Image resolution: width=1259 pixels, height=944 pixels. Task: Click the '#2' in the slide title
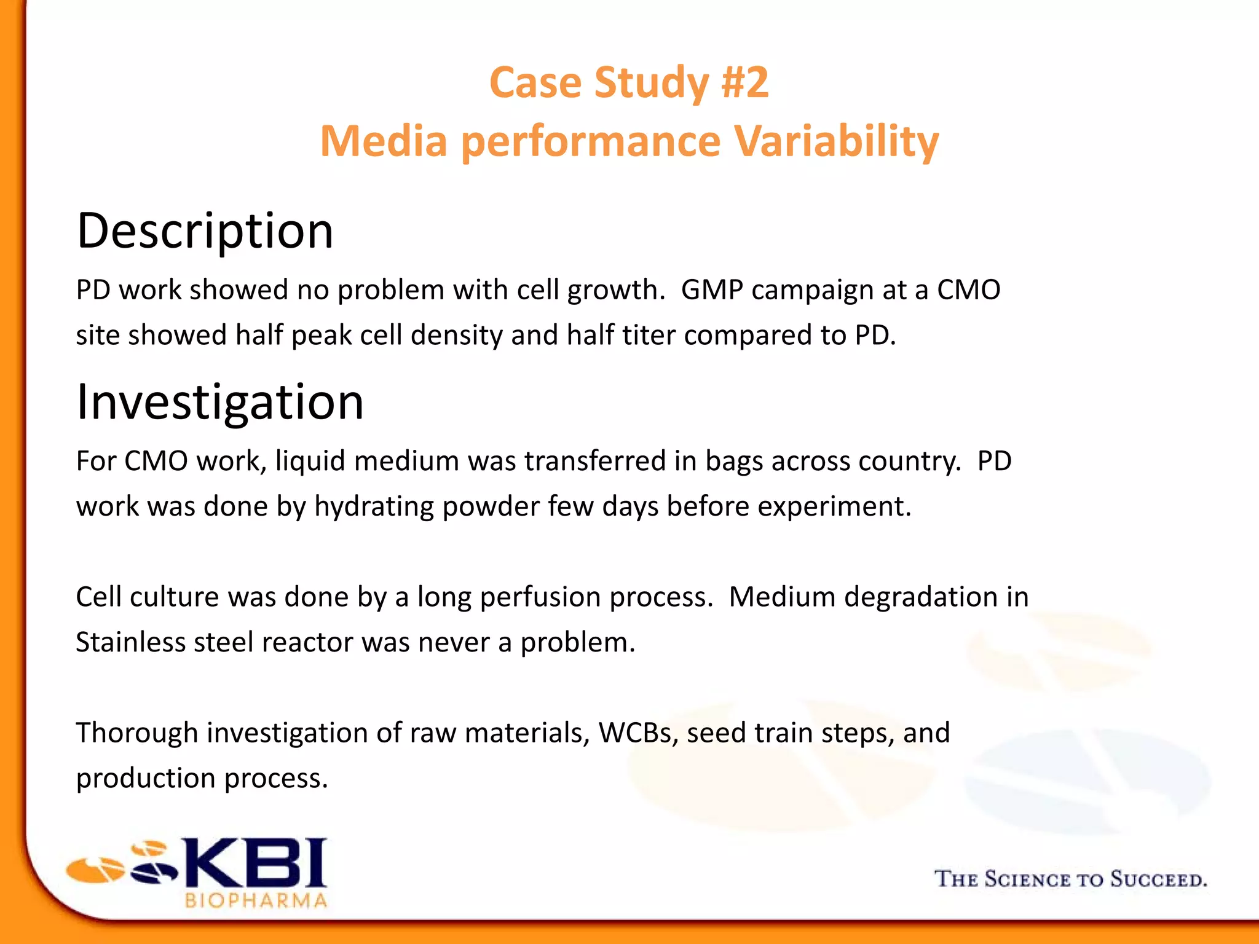pyautogui.click(x=744, y=82)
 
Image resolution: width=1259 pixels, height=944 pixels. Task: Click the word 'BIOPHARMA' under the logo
pyautogui.click(x=256, y=901)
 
